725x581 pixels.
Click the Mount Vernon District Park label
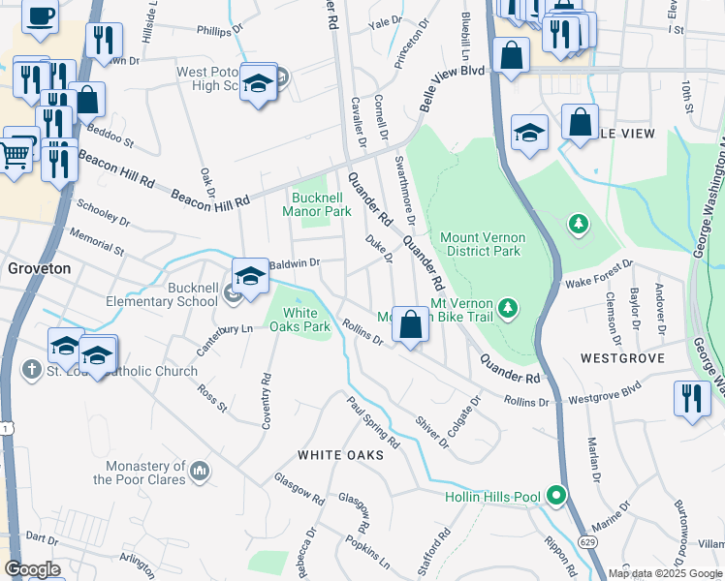tap(482, 244)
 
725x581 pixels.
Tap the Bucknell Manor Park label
tap(317, 204)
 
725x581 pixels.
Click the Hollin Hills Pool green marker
tap(556, 496)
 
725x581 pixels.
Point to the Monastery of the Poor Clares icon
tap(201, 471)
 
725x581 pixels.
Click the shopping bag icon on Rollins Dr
tap(411, 325)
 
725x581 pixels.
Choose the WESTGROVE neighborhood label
tap(622, 358)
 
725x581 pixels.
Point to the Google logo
tap(32, 568)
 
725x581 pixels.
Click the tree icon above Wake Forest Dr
tap(579, 225)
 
